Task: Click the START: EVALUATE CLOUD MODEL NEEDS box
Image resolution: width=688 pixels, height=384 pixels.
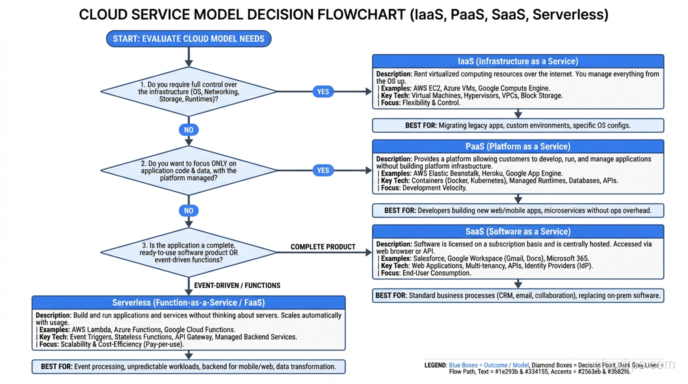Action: tap(188, 38)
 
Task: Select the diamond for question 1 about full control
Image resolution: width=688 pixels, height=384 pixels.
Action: tap(188, 92)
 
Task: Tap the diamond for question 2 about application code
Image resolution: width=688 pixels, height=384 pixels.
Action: tap(188, 171)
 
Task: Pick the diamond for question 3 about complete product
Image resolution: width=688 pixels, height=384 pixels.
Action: tap(188, 252)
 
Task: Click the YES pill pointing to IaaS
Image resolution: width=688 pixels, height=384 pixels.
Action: tap(323, 91)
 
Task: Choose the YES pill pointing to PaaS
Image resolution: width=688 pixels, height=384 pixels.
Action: tap(323, 170)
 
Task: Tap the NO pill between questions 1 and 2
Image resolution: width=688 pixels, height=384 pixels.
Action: tap(188, 130)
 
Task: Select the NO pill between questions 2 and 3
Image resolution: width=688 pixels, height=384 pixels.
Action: tap(188, 210)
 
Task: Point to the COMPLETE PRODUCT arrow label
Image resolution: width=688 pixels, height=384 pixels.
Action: tap(323, 247)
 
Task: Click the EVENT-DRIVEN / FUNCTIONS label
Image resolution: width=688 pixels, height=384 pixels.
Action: tap(237, 285)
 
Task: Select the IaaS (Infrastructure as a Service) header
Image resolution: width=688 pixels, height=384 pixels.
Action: tap(518, 61)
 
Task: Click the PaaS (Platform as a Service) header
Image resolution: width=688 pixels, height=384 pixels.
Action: tap(518, 146)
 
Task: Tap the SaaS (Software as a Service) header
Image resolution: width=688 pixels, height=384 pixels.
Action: tap(518, 231)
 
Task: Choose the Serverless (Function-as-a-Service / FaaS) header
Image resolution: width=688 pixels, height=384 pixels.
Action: tap(188, 302)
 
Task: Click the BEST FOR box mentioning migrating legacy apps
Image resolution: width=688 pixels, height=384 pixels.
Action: tap(518, 125)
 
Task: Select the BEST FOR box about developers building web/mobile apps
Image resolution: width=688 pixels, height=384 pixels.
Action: tap(518, 210)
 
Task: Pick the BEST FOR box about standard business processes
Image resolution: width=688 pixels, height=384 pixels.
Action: tap(518, 295)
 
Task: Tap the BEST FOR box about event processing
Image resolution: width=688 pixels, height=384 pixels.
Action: tap(188, 366)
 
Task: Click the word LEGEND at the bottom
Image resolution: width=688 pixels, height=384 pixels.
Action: tap(435, 365)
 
